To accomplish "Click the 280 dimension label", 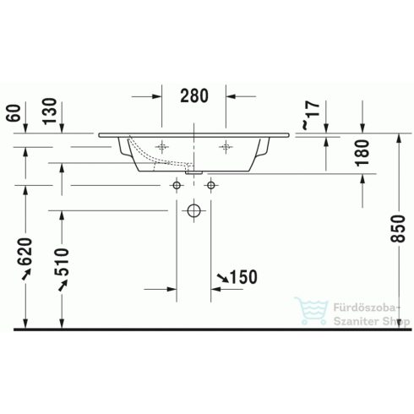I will click(193, 95).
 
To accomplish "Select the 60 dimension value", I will click(11, 112).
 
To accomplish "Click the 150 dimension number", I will click(242, 276).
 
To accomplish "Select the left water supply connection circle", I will click(177, 184).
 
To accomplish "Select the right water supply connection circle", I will click(210, 184).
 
